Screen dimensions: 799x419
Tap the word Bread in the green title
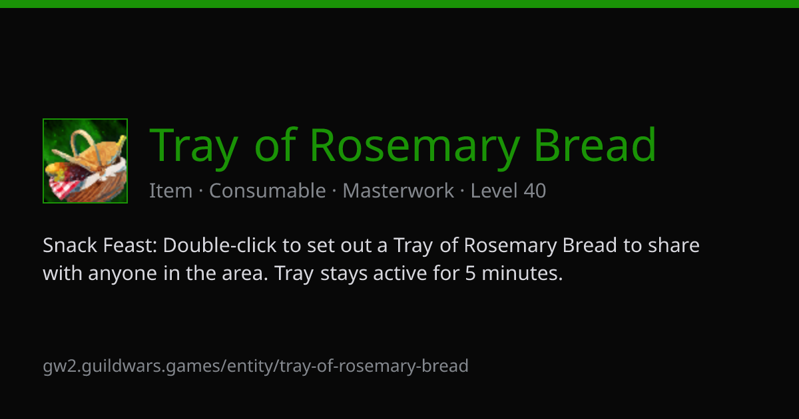coord(595,144)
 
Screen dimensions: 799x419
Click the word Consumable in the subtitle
coord(268,191)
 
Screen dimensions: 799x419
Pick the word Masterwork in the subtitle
coord(398,191)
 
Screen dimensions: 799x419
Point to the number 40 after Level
coord(535,191)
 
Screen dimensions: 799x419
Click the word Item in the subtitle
coord(171,191)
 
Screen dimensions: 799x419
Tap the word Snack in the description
coord(70,245)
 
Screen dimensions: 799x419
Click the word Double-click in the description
coord(220,245)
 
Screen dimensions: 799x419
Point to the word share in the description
coord(673,245)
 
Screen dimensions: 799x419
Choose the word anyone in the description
coord(123,274)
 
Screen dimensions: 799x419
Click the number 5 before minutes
coord(471,273)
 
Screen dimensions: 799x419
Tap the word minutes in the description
coord(522,273)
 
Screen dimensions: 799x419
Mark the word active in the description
coord(400,273)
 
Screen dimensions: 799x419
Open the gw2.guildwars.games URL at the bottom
coord(256,366)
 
